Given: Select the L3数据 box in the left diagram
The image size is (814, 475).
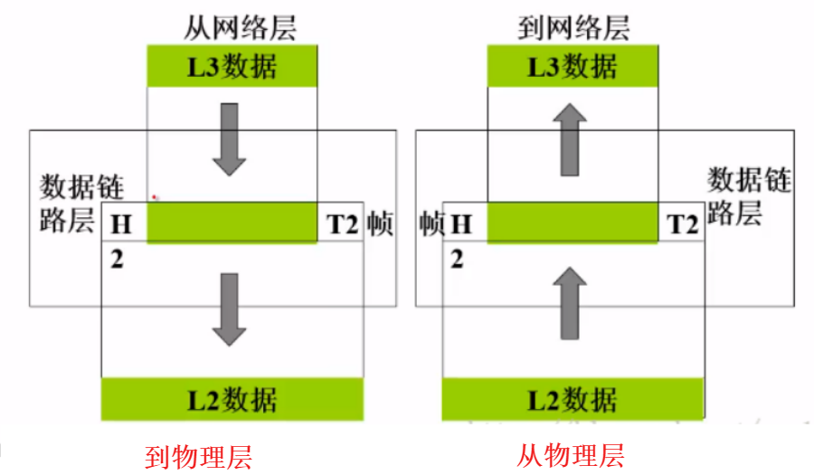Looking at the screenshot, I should [232, 66].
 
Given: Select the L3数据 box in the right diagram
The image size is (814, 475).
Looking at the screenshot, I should [573, 66].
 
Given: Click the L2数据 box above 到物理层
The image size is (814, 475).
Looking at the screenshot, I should [232, 399].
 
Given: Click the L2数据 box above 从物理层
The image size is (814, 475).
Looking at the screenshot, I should [573, 399].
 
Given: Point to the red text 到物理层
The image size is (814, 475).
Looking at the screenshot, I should [198, 456].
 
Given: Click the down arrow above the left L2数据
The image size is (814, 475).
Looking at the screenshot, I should [230, 309].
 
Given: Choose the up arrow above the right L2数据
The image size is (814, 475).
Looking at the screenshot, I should [569, 303].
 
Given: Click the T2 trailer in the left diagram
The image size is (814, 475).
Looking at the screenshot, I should [343, 223].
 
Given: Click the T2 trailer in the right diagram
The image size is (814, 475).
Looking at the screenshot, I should [683, 223].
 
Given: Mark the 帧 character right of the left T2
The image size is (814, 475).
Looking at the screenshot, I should [380, 223].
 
